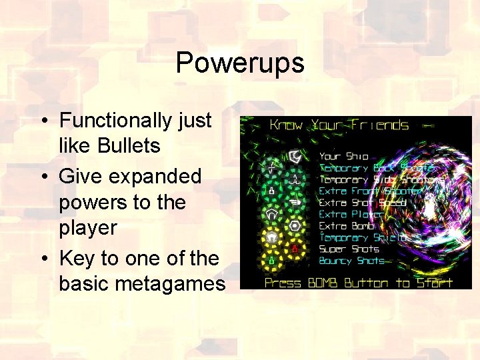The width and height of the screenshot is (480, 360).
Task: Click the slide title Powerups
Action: tap(240, 63)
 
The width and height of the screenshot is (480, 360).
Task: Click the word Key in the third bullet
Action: tap(75, 258)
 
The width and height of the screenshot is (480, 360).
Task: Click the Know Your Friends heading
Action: tap(338, 125)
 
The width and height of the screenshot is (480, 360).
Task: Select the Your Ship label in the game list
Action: tap(343, 157)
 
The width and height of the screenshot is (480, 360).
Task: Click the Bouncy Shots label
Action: tap(352, 261)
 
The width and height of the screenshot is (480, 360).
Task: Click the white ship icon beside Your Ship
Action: tap(294, 157)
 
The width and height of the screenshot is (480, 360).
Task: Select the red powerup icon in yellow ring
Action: tap(293, 249)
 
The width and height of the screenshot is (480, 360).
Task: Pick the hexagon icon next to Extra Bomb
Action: tap(293, 226)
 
